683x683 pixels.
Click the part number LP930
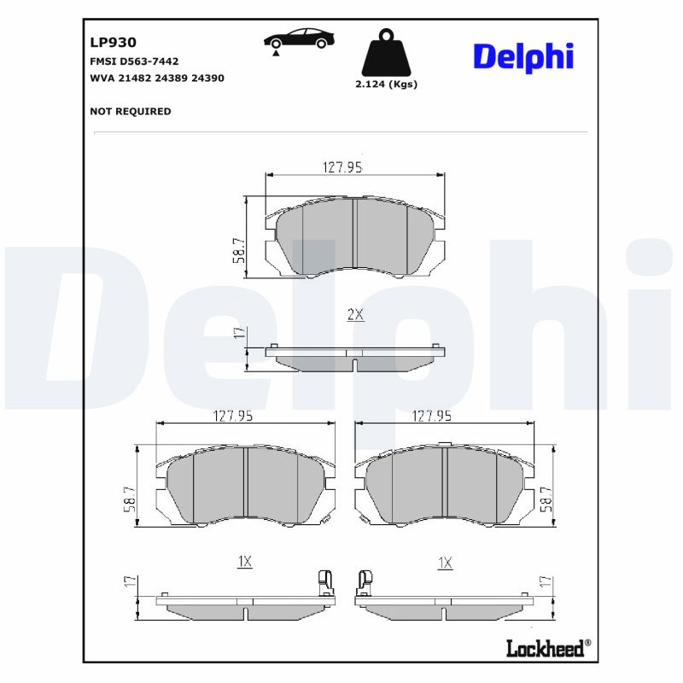click(113, 42)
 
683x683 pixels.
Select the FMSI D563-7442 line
click(134, 61)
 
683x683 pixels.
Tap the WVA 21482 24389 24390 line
click(156, 78)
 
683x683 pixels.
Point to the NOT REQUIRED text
click(130, 111)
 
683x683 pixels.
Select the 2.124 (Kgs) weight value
click(386, 85)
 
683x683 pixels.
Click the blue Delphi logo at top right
click(522, 56)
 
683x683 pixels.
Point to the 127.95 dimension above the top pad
click(342, 167)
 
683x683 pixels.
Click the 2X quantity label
click(355, 314)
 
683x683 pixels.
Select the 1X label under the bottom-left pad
click(245, 562)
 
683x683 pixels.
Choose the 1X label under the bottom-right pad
click(444, 562)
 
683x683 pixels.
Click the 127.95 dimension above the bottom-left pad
click(232, 417)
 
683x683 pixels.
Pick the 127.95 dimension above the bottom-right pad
click(432, 417)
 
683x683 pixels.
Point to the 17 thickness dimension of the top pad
click(240, 334)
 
